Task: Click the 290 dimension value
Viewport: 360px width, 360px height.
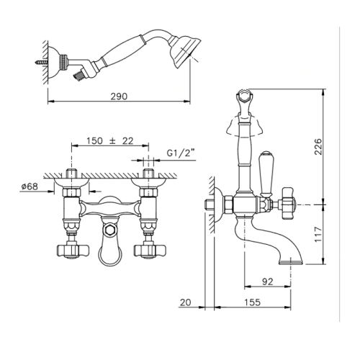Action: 119,96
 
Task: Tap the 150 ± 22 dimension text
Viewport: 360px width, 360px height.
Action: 110,141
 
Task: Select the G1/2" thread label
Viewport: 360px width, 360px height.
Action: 181,153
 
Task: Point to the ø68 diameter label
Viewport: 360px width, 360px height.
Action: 30,186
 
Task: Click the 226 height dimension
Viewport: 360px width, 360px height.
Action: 318,146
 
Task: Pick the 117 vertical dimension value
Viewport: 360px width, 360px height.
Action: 318,234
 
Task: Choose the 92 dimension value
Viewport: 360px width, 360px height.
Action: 268,282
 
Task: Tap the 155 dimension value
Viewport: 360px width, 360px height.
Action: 252,302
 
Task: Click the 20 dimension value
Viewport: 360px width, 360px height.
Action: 186,302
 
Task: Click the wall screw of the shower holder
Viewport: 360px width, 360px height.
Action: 41,63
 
